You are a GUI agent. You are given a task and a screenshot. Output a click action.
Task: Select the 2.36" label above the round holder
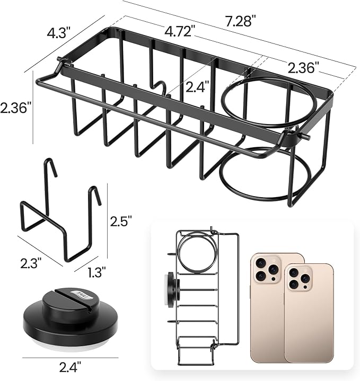click(x=304, y=68)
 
